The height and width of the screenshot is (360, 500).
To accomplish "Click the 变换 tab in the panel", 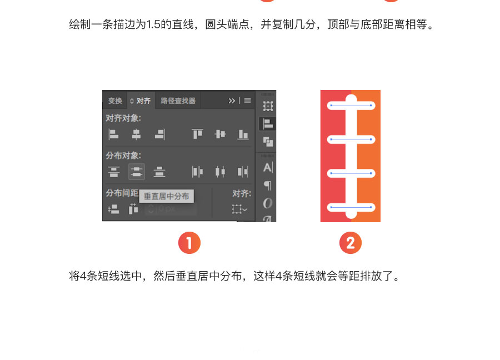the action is (115, 101).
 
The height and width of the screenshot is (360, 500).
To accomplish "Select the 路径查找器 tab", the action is (178, 101).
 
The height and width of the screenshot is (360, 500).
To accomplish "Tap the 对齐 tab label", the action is (143, 101).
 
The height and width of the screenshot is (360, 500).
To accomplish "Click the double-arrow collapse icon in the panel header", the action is (232, 101).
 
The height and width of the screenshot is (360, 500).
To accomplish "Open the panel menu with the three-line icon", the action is (247, 101).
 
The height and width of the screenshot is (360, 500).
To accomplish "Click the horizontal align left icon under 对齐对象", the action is (113, 134).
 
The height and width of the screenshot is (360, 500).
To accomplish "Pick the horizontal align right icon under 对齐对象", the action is (160, 134).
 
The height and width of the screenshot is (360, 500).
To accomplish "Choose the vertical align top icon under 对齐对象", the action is (197, 134).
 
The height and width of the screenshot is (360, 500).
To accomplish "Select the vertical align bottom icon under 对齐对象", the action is (243, 134).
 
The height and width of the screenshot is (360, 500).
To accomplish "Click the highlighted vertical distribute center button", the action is (137, 172).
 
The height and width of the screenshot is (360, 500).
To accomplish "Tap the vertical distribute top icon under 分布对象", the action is (113, 172).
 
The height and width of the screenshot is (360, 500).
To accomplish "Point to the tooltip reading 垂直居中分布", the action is (167, 196).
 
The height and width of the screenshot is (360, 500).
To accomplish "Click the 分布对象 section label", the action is (123, 156).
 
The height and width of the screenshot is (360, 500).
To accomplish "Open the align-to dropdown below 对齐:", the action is (239, 209).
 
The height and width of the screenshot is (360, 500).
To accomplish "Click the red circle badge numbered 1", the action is (189, 243).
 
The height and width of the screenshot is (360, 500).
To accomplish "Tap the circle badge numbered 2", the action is (351, 243).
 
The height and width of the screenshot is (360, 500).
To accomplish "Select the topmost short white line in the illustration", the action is (351, 105).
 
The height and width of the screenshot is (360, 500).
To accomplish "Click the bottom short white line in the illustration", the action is (351, 207).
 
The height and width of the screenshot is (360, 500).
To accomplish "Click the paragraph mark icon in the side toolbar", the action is (268, 185).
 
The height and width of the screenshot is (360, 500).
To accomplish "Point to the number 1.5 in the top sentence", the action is (153, 24).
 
